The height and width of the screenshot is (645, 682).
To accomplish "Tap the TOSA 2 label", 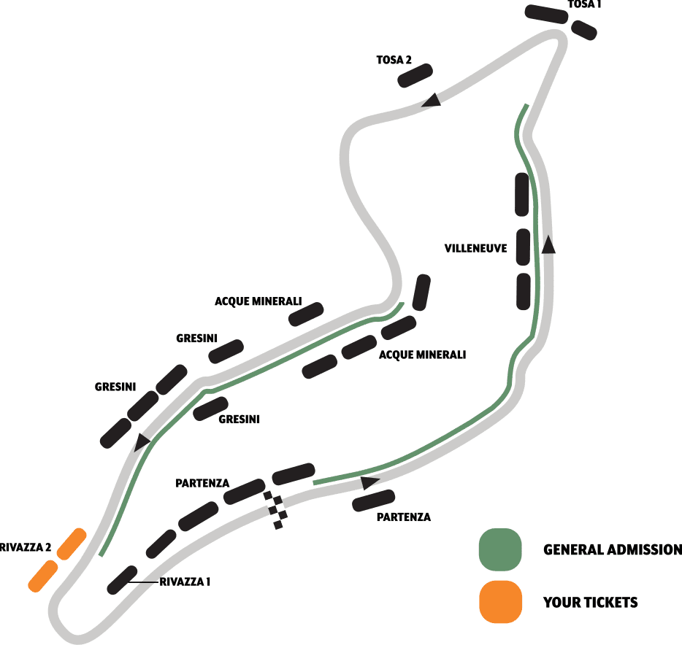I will click(x=394, y=60).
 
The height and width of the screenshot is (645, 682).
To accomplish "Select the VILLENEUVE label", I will click(x=475, y=248).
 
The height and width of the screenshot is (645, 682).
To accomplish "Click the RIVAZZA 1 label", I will click(x=185, y=582).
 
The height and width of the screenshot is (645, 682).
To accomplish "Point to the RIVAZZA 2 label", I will click(x=24, y=546).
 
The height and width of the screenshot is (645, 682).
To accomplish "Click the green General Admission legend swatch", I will click(x=500, y=549).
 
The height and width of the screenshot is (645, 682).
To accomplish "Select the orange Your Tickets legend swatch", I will click(x=500, y=602).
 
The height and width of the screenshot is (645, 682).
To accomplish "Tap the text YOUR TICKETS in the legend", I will click(x=590, y=603).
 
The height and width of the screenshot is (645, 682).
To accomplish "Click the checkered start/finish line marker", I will click(x=275, y=506).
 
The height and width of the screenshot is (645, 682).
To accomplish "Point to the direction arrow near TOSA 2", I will click(x=432, y=100).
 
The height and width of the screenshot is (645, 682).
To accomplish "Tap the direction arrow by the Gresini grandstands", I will click(x=142, y=440).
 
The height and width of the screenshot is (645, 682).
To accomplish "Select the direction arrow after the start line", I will click(x=370, y=482).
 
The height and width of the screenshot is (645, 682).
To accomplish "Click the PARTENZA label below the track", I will click(x=403, y=517).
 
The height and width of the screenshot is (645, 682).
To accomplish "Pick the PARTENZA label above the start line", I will click(x=202, y=483).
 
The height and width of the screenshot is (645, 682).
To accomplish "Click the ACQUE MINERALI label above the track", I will click(x=268, y=301).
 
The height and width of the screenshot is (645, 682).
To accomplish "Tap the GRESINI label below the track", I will click(x=239, y=419).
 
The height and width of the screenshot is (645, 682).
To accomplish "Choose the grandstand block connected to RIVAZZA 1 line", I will click(x=121, y=579).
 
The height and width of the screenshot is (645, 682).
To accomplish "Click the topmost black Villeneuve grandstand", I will click(x=522, y=194).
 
